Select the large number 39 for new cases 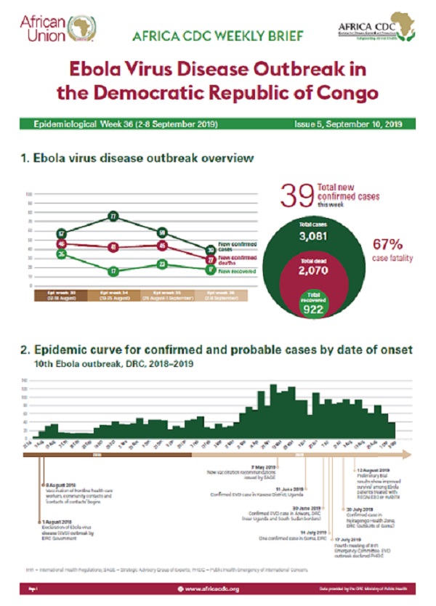tap(297, 197)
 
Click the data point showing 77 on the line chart tap(113, 217)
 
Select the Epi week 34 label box tap(113, 296)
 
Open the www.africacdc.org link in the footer tap(211, 589)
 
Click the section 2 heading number tap(28, 350)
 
